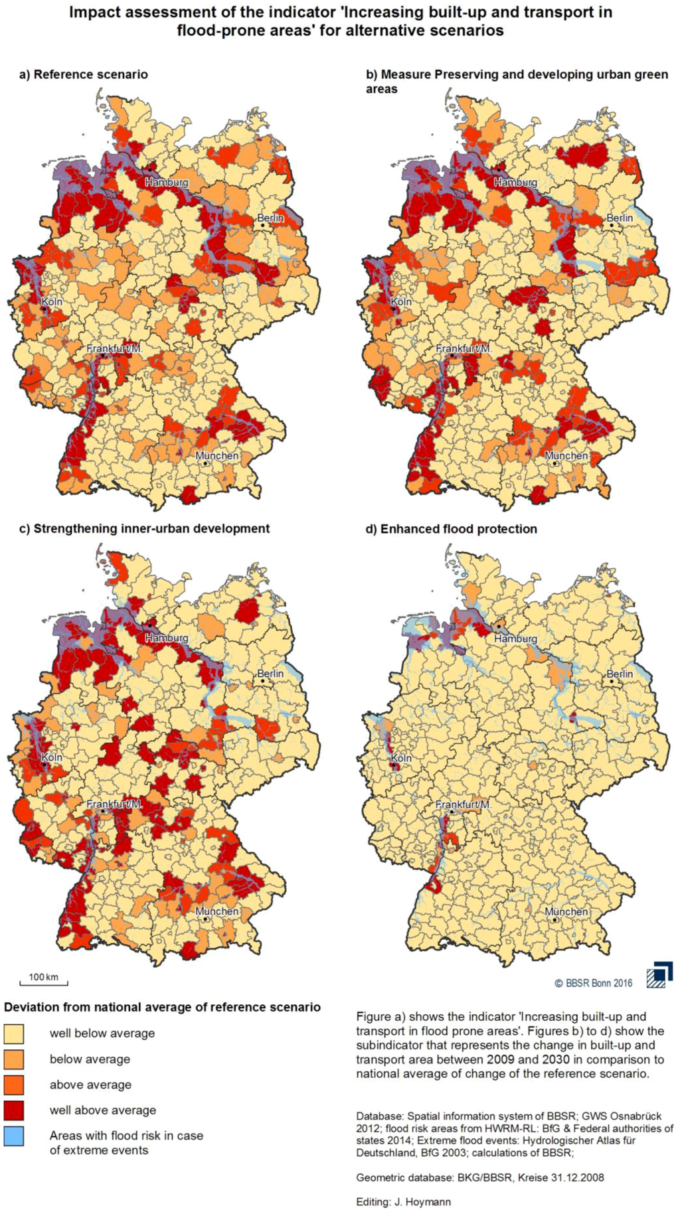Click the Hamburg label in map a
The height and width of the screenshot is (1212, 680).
[x=167, y=182]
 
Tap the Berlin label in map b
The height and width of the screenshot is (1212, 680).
[x=620, y=218]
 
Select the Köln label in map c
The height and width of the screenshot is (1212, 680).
[x=52, y=757]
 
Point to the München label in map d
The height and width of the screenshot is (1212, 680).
[x=566, y=912]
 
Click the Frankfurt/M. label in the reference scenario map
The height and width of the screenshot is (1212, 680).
[x=114, y=348]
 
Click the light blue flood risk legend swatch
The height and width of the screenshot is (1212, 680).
[x=13, y=1136]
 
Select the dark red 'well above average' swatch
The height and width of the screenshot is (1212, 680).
[x=13, y=1110]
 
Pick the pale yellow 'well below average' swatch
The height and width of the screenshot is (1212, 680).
[x=13, y=1033]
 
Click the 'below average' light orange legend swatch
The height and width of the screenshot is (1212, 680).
[x=13, y=1059]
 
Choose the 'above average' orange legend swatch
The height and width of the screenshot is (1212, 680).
[x=13, y=1085]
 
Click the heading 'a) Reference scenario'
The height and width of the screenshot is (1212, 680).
[x=84, y=74]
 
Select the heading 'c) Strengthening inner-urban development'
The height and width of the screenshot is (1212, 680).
[x=145, y=528]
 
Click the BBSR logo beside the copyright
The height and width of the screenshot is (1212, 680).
[x=659, y=974]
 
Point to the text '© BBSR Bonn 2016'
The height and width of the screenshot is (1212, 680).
[x=594, y=983]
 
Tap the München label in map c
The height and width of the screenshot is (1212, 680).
[x=217, y=911]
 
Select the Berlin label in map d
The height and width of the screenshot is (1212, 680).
[x=620, y=674]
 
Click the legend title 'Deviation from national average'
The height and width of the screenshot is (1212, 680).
[x=162, y=1007]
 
